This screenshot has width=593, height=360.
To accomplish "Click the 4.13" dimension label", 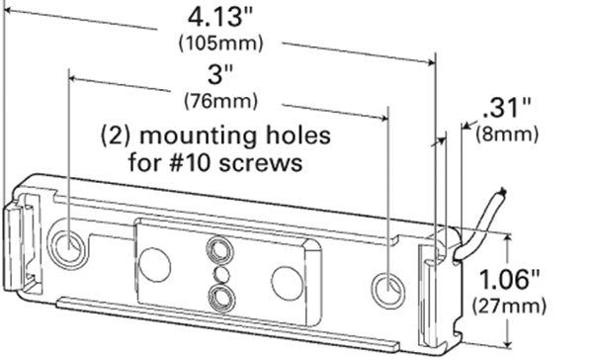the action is click(219, 17).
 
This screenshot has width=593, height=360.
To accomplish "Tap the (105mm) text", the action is click(219, 44).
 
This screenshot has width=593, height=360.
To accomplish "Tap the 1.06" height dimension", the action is click(545, 277).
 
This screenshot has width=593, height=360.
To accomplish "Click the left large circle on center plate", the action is click(154, 262).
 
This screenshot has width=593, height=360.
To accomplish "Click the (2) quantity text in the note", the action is click(120, 133).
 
